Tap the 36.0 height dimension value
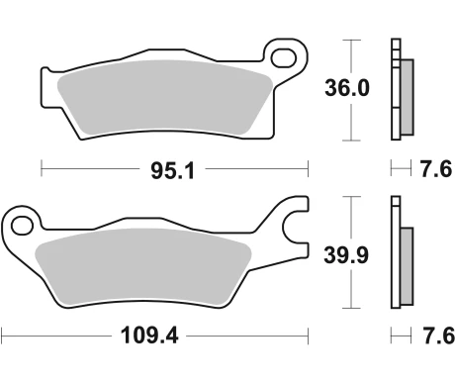(x=347, y=88)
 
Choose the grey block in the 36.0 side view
(x=406, y=97)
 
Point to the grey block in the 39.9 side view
(x=406, y=264)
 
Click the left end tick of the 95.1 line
(x=41, y=169)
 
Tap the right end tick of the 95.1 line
(x=310, y=169)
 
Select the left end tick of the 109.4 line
(x=2, y=335)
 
